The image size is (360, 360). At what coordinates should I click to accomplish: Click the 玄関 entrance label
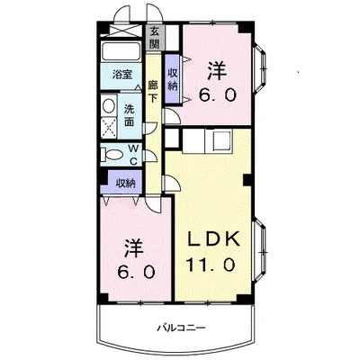(x=154, y=39)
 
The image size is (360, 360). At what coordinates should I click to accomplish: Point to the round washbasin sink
(x=107, y=106)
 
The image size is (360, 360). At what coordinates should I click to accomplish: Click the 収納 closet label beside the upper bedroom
(x=173, y=78)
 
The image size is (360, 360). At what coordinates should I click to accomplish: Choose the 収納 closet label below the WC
(x=124, y=182)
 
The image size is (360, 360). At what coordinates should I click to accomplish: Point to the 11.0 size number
(x=212, y=265)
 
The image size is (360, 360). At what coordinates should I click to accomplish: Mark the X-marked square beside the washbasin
(x=108, y=127)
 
